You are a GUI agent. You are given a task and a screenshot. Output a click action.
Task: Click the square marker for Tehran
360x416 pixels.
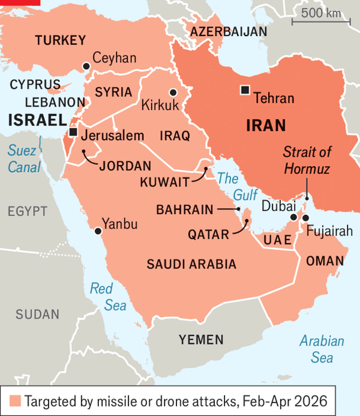(x=244, y=90)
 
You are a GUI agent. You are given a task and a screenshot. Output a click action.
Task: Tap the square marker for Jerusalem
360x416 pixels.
(x=73, y=131)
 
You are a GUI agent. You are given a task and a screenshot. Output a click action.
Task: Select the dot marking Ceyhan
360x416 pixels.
(x=86, y=65)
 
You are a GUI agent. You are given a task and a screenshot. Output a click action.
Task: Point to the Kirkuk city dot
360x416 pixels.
(x=173, y=92)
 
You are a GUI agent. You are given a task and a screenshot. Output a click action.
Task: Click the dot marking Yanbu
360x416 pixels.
(x=98, y=230)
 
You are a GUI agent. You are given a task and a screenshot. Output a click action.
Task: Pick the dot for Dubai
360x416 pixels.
(x=293, y=217)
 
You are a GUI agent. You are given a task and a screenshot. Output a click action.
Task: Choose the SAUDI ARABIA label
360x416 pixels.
(x=191, y=264)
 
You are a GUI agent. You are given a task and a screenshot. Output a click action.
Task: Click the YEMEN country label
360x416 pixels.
(x=201, y=340)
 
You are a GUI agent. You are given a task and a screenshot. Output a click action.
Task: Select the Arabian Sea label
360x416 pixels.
(x=322, y=349)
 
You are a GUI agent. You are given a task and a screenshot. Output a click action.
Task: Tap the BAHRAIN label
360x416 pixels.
(x=184, y=210)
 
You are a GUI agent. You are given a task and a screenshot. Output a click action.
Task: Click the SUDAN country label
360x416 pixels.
(x=37, y=314)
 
